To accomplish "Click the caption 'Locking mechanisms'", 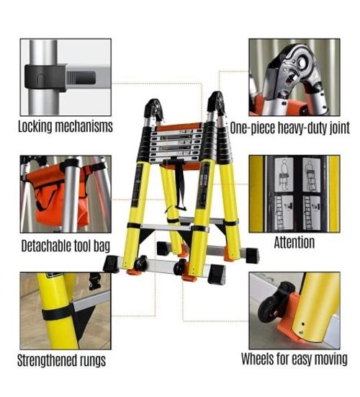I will click(x=65, y=127).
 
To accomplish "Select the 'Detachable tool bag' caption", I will click(x=65, y=246).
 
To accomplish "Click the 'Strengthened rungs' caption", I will click(x=61, y=360).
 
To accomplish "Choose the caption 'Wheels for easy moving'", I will click(x=294, y=359).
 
